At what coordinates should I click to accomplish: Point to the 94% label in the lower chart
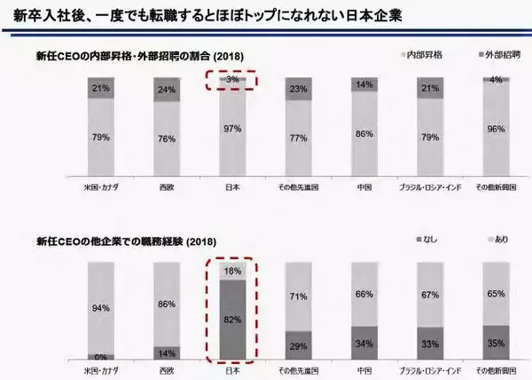100,309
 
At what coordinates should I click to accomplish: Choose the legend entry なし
426,241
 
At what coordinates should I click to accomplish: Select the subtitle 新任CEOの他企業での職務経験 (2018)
125,241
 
